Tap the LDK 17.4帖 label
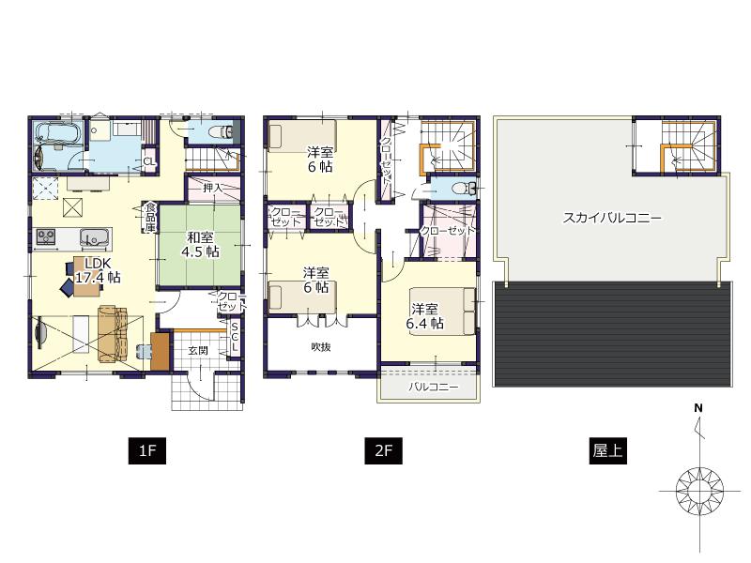pyautogui.click(x=97, y=270)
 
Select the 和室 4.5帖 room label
pyautogui.click(x=200, y=245)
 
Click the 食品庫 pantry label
pyautogui.click(x=149, y=219)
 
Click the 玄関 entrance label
pyautogui.click(x=197, y=350)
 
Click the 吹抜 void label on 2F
pyautogui.click(x=321, y=346)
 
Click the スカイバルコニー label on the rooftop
pyautogui.click(x=612, y=218)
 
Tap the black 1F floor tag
pyautogui.click(x=146, y=451)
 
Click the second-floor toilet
pyautogui.click(x=459, y=188)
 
